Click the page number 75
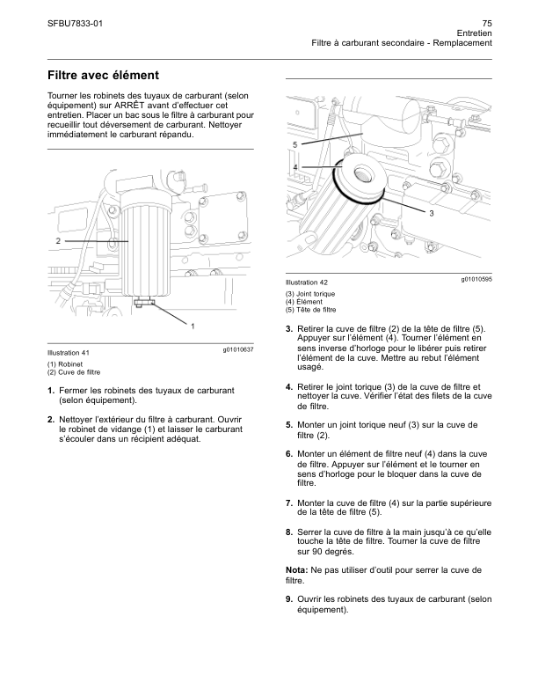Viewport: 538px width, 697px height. (487, 24)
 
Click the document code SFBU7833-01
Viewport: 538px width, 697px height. (75, 24)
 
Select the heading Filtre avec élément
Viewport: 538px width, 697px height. (103, 75)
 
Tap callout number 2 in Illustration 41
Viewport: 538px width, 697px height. (58, 241)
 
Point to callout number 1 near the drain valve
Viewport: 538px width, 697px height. (193, 326)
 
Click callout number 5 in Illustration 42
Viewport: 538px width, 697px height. (295, 144)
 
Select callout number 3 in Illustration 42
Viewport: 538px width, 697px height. (432, 213)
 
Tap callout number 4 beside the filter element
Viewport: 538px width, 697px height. (295, 167)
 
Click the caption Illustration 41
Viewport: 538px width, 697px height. (69, 353)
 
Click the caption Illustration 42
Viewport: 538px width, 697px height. (307, 282)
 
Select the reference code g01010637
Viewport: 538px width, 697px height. (238, 350)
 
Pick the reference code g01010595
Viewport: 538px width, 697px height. (476, 279)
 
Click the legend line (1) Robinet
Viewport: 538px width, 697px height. (65, 364)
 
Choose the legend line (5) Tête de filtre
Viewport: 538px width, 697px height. (310, 310)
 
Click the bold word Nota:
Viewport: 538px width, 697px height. (296, 570)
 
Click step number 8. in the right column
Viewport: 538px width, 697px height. (289, 532)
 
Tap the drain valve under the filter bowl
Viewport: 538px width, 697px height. (145, 302)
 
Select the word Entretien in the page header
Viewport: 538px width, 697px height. (475, 33)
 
